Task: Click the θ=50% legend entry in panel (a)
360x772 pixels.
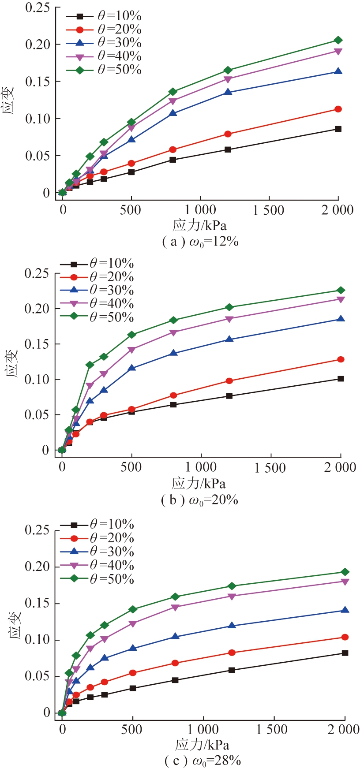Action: point(104,70)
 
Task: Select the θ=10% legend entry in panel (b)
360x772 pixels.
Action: point(97,264)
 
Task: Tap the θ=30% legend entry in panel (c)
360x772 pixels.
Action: point(97,552)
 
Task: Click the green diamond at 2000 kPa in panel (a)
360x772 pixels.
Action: point(338,40)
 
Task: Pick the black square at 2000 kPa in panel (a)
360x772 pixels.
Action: point(338,129)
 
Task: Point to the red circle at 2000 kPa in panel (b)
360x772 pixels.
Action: point(341,359)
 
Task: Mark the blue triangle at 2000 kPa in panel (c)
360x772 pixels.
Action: point(345,610)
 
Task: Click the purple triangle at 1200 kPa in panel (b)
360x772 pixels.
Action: point(229,319)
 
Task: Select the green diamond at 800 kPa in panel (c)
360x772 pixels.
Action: point(175,597)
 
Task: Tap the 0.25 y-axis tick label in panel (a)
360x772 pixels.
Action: point(37,7)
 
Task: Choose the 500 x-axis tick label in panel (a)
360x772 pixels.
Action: point(131,210)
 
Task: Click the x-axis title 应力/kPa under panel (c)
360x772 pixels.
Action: point(202,745)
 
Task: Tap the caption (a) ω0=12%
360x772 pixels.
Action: point(200,242)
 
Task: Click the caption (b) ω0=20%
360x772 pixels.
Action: point(200,500)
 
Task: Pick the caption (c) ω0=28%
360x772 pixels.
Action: point(202,761)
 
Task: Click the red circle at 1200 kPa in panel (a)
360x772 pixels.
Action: point(228,134)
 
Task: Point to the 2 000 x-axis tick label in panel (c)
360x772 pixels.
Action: point(344,729)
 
